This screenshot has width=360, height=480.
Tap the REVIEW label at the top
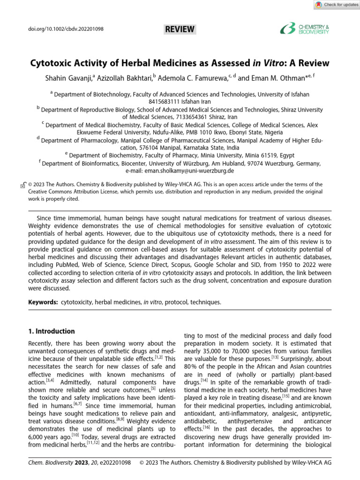pyautogui.click(x=180, y=30)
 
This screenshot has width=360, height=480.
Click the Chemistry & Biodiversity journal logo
pyautogui.click(x=305, y=30)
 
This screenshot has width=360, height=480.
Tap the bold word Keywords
pyautogui.click(x=43, y=302)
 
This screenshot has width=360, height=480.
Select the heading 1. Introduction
pyautogui.click(x=52, y=331)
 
